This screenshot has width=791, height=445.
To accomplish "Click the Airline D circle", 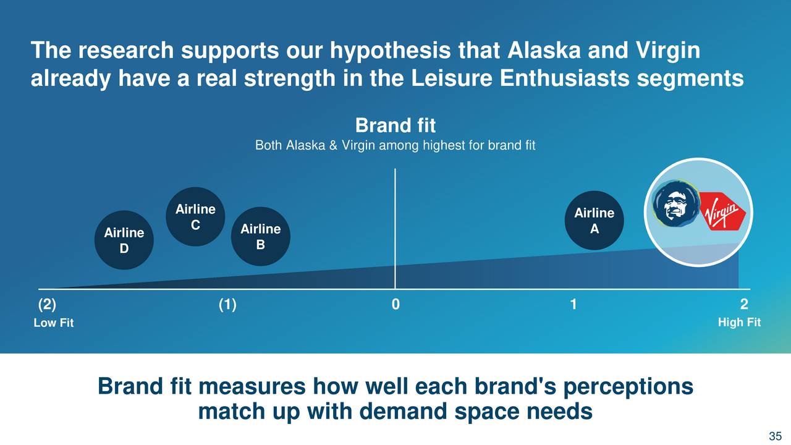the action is pos(124,240).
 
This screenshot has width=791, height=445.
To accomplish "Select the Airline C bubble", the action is pos(195,216).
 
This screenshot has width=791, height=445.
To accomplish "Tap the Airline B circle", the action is pos(261,236).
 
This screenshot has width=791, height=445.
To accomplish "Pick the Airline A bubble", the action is pos(594,221).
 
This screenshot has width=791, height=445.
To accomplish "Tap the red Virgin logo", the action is pos(722,211).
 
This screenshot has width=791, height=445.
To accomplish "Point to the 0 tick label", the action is pos(395,304).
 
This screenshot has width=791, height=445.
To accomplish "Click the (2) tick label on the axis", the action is pos(47,305).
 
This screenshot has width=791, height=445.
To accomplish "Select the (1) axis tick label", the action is pos(227,305).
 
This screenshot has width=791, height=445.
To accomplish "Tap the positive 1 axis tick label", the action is pos(573,304).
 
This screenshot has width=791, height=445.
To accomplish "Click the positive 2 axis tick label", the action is pos(744,304).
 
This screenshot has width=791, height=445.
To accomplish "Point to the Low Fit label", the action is pos(54,323).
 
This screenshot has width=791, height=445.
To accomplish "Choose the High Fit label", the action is pos(740,322).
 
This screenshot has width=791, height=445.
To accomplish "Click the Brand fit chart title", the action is pos(395,125).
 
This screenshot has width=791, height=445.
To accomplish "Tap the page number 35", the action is pos(776,436).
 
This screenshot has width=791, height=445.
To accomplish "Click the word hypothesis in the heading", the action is pos(390,51).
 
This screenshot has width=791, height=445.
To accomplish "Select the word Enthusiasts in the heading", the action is pos(565,78).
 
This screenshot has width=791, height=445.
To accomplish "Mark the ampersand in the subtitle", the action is pos(333,145).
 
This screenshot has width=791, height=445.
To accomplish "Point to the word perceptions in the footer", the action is pos(628,388).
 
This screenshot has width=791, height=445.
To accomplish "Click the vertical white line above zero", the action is pos(395,229).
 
